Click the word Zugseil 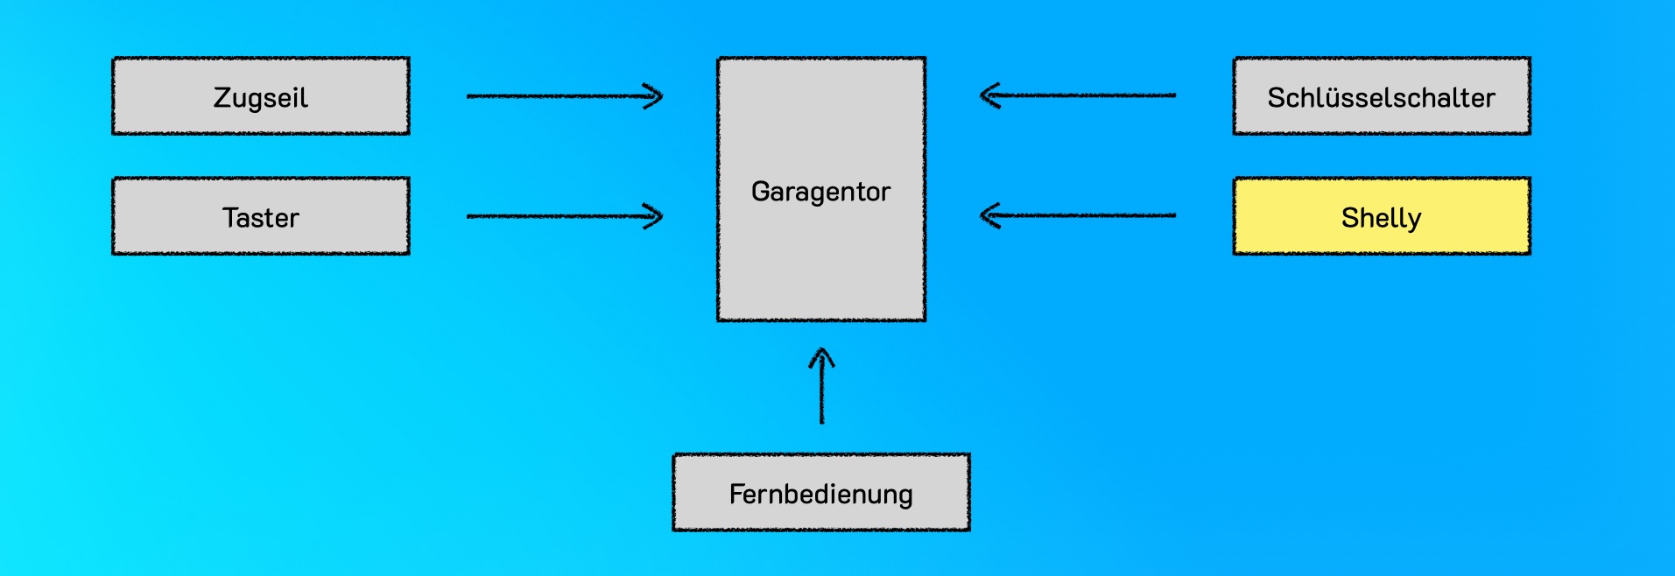(261, 97)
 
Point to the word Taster (261, 217)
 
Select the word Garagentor (820, 192)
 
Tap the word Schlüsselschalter (1382, 98)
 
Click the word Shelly (1382, 218)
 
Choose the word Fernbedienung (821, 495)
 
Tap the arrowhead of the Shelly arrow (989, 215)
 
